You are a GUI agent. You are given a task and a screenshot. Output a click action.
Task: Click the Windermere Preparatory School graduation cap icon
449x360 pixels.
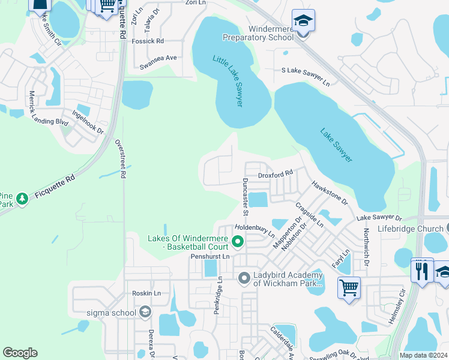pos(303,20)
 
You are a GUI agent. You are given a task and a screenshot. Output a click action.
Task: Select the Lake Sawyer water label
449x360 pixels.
pos(336,145)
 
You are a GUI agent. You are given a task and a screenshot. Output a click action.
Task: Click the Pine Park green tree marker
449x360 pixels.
pos(23,198)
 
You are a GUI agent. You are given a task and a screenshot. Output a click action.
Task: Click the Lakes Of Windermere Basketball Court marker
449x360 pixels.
pos(238,242)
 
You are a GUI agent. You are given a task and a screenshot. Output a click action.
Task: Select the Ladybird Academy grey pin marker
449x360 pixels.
pos(244,278)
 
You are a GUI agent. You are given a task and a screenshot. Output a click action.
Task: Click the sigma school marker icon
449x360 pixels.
pos(145,311)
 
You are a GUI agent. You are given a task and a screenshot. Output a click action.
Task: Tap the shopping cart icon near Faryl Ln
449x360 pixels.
pos(349,287)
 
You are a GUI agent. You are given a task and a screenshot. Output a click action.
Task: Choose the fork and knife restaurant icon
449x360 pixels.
pos(422,271)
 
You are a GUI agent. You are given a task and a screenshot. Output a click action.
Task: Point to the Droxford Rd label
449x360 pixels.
pos(276,174)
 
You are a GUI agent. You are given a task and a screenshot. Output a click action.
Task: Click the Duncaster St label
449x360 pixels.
pos(246,196)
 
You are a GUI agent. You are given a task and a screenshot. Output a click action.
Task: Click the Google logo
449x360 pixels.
pos(20,353)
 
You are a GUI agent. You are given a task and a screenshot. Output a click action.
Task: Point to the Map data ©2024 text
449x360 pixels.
pos(423,355)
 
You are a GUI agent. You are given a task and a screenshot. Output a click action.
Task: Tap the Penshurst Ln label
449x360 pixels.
pos(210,256)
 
